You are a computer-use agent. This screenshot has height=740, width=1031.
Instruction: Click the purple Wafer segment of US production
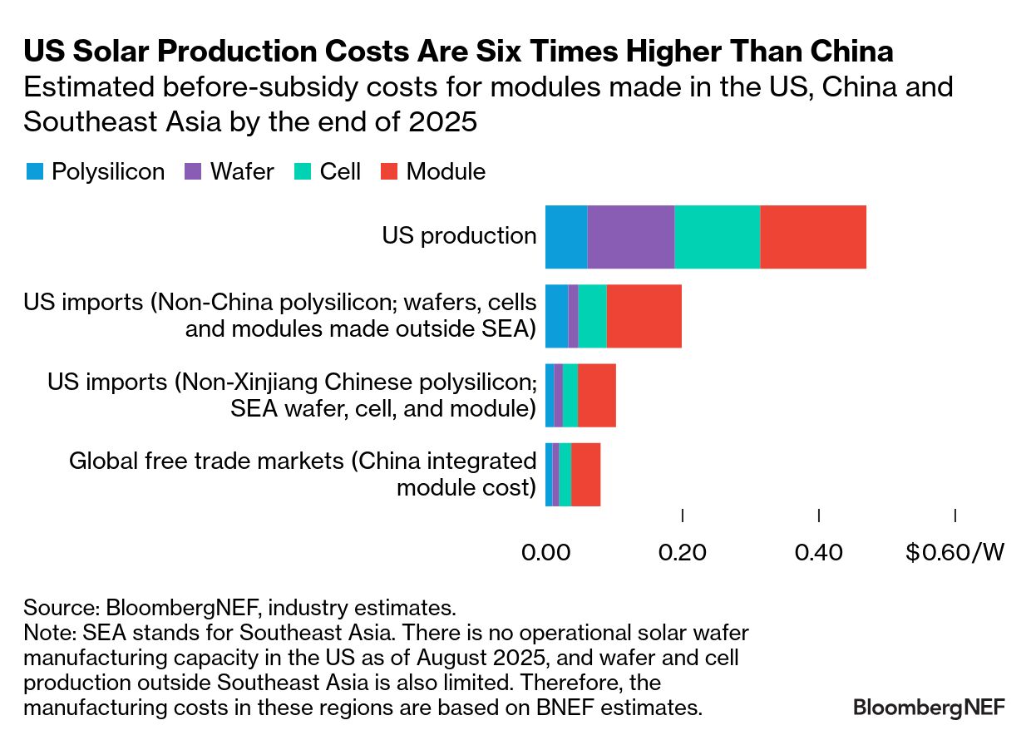(630, 236)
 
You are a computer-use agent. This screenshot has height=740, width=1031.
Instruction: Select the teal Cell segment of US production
(717, 236)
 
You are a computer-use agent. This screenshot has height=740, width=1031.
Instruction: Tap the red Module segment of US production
(813, 236)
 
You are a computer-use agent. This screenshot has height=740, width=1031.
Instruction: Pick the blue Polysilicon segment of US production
(566, 236)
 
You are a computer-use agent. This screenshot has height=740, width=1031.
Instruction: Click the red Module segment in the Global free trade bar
(585, 474)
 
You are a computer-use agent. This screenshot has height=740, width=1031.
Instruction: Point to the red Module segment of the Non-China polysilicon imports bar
(644, 316)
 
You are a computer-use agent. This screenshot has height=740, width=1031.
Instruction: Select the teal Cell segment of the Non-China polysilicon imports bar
(592, 316)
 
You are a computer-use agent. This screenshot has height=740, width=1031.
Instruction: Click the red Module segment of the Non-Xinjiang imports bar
(597, 395)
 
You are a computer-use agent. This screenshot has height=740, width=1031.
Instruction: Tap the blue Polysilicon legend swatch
(35, 172)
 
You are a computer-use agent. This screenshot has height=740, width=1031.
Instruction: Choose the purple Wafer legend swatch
(193, 172)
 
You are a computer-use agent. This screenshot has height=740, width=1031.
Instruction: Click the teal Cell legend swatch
(303, 172)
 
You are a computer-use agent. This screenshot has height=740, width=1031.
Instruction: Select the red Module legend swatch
(390, 172)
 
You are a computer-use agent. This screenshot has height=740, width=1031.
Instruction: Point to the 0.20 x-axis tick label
(682, 551)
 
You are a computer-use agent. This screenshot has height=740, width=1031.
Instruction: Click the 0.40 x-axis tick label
(819, 551)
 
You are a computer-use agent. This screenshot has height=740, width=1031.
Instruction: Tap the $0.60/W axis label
(955, 551)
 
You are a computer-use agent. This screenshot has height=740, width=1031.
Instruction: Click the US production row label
(459, 236)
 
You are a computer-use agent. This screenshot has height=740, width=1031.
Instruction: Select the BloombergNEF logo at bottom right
(929, 707)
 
